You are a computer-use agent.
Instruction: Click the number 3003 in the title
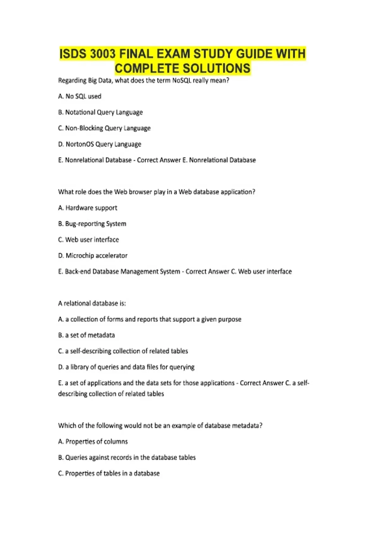[103, 54]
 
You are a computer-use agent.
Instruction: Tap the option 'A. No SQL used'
[80, 96]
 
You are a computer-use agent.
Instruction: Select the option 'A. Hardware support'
[87, 208]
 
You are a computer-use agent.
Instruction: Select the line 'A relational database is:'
[92, 304]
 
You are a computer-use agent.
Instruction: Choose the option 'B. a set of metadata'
[86, 335]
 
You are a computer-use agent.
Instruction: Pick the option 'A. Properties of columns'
[93, 442]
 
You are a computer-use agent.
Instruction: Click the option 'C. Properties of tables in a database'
[109, 474]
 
